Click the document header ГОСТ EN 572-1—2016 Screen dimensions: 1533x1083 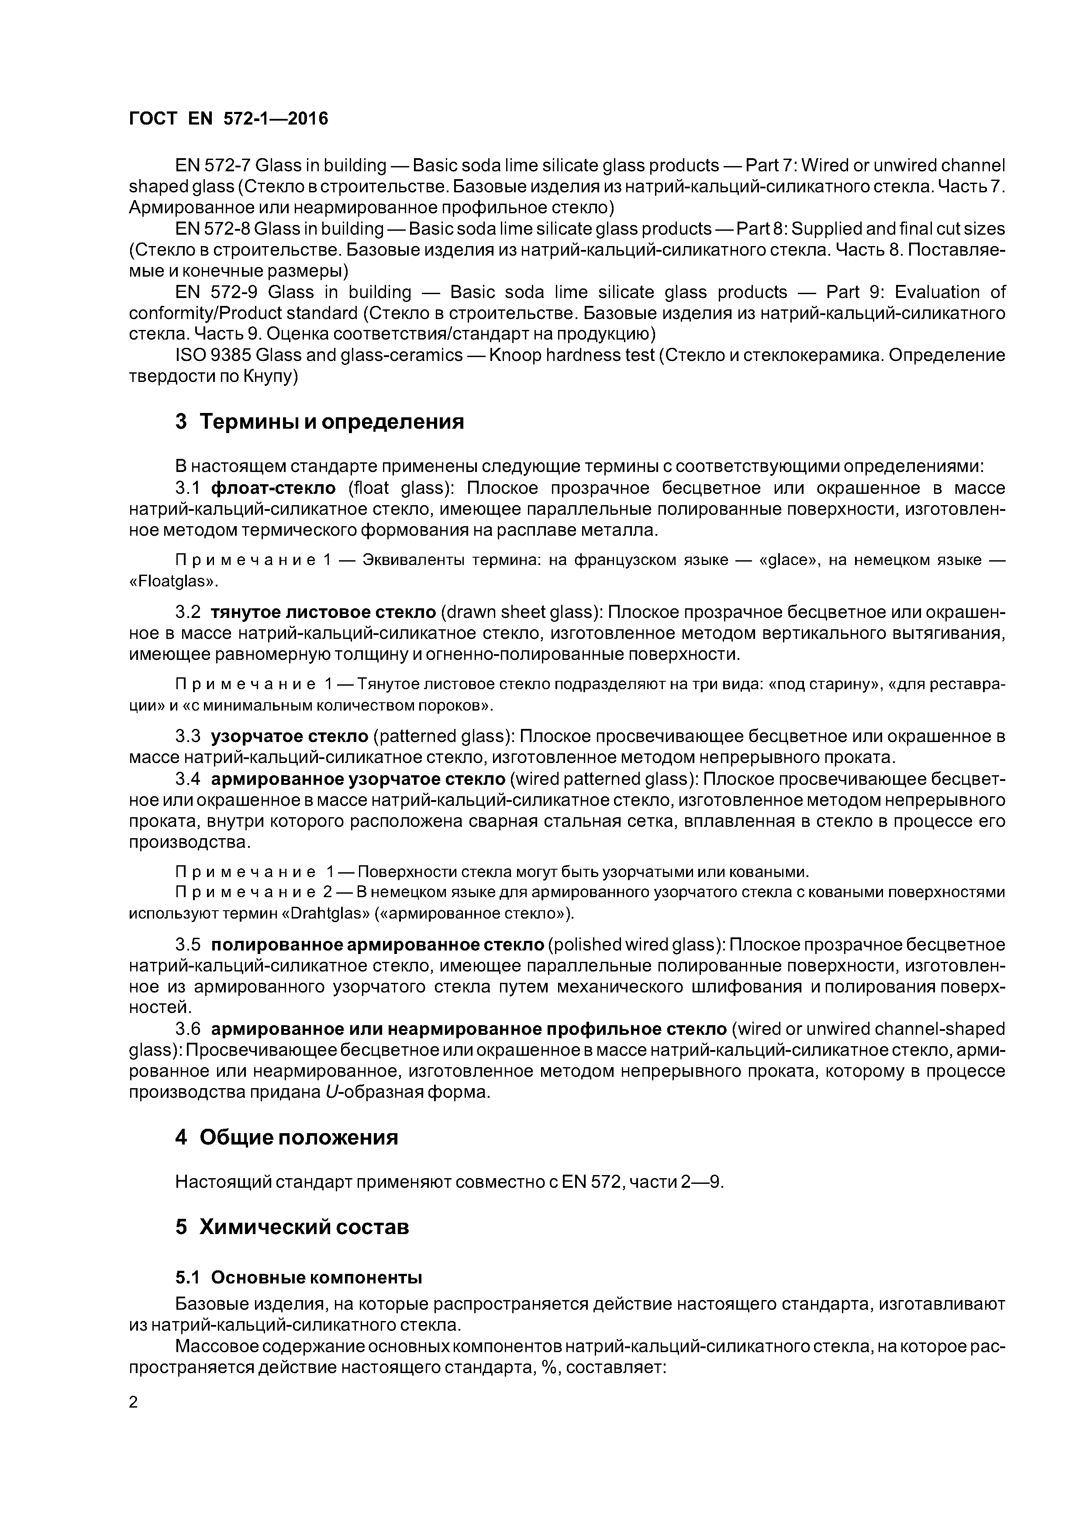pos(228,119)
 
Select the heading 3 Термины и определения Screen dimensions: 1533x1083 pos(319,422)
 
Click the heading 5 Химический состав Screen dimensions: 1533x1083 pos(292,1227)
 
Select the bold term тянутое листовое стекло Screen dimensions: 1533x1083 pos(324,612)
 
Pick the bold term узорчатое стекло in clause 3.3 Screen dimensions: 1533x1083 pos(290,736)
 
